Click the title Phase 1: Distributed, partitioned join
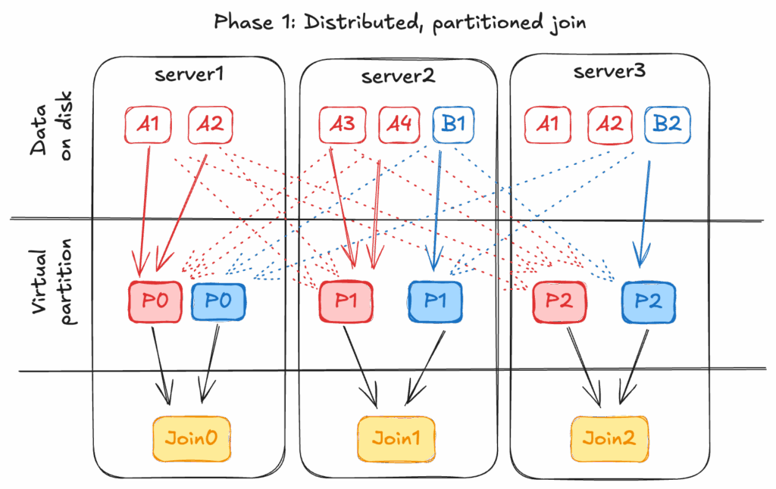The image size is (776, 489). (x=399, y=22)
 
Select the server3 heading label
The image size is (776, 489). (x=609, y=73)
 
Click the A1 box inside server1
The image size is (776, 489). (x=148, y=124)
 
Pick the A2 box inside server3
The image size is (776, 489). (x=609, y=124)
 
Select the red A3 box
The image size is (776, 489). (x=343, y=124)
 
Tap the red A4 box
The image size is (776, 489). (x=399, y=124)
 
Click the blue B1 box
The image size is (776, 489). (x=453, y=124)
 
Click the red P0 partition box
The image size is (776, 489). (x=155, y=301)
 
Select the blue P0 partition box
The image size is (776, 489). (x=218, y=301)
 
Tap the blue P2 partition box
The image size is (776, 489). (x=648, y=301)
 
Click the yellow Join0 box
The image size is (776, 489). (x=192, y=438)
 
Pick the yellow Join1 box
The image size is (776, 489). (x=396, y=438)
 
